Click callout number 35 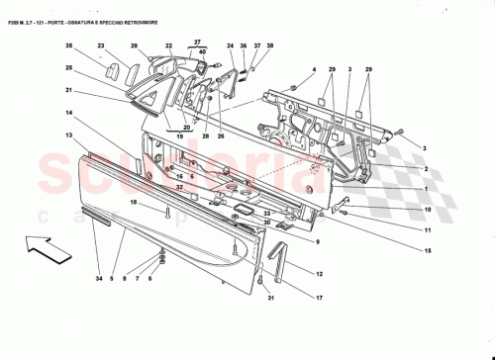pyautogui.click(x=69, y=46)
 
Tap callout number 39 pyautogui.click(x=134, y=46)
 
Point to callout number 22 pyautogui.click(x=169, y=46)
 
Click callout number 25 pyautogui.click(x=69, y=68)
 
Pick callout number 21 pyautogui.click(x=69, y=90)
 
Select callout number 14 pyautogui.click(x=69, y=116)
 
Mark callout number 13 pyautogui.click(x=69, y=135)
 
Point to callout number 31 pyautogui.click(x=269, y=302)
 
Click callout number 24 pyautogui.click(x=229, y=46)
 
